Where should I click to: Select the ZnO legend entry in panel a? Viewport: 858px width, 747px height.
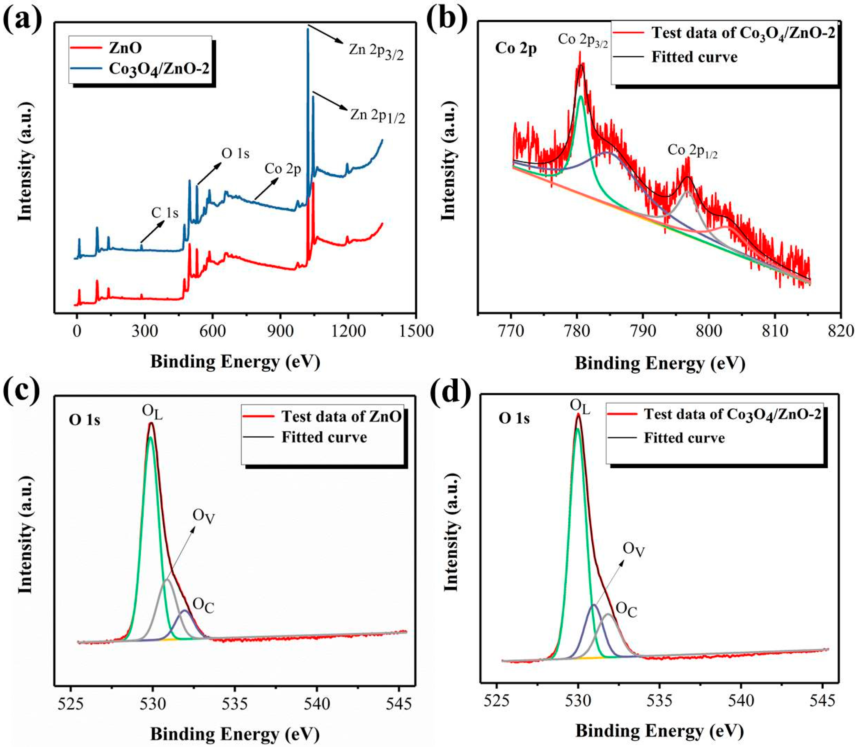coord(125,48)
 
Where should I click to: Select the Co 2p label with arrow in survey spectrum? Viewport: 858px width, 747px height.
coord(283,169)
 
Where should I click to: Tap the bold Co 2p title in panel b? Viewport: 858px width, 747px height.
coord(516,49)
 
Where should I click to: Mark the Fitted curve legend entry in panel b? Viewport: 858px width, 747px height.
coord(694,57)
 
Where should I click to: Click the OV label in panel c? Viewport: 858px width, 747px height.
coord(203,516)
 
